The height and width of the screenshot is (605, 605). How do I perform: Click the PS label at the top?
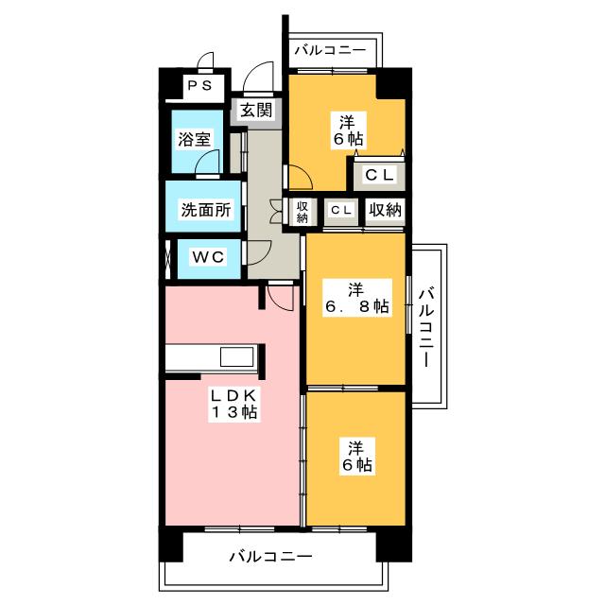click(x=199, y=86)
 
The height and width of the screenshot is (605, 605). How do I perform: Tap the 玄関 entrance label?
click(x=255, y=111)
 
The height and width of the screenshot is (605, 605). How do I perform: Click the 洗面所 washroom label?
click(x=205, y=210)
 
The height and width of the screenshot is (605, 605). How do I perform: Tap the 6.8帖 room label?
click(x=356, y=296)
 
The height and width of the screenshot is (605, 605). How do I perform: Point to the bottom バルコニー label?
click(x=269, y=558)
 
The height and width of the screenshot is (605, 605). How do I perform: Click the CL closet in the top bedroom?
click(x=380, y=174)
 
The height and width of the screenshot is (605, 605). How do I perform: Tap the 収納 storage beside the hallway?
click(x=302, y=211)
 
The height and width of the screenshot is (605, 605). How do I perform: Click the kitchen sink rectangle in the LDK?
click(x=235, y=357)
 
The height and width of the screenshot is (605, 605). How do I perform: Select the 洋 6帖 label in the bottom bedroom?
click(x=356, y=456)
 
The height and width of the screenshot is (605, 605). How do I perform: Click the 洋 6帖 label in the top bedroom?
click(x=347, y=129)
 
